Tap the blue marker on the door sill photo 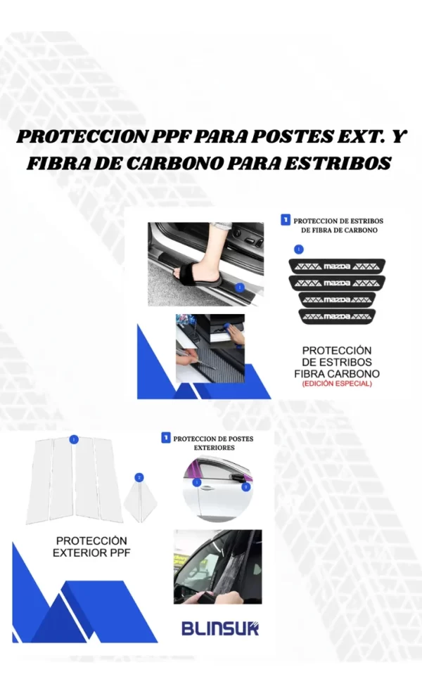tap(240, 287)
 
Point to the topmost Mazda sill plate tap(336, 266)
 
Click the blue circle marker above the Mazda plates tap(299, 249)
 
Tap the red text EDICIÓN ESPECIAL tap(336, 384)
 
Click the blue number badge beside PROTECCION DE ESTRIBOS tap(285, 220)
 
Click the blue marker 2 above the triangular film tap(139, 477)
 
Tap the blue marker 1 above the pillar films tap(74, 439)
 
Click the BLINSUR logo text tap(220, 628)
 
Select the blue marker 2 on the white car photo tap(245, 486)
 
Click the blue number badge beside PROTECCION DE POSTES tap(166, 437)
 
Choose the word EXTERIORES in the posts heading tap(213, 446)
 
